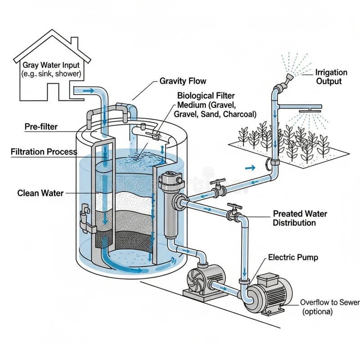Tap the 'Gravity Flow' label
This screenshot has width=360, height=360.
pos(183,81)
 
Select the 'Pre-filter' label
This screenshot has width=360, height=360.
pos(40,127)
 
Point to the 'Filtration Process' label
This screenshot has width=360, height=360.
pos(44,152)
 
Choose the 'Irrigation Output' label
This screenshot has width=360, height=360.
pos(331,76)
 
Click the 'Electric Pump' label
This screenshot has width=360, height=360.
pos(293,257)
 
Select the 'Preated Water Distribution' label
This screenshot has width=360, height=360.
pos(300,218)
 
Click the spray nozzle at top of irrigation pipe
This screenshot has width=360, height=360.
pos(286,79)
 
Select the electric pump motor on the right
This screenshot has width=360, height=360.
pos(270,292)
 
